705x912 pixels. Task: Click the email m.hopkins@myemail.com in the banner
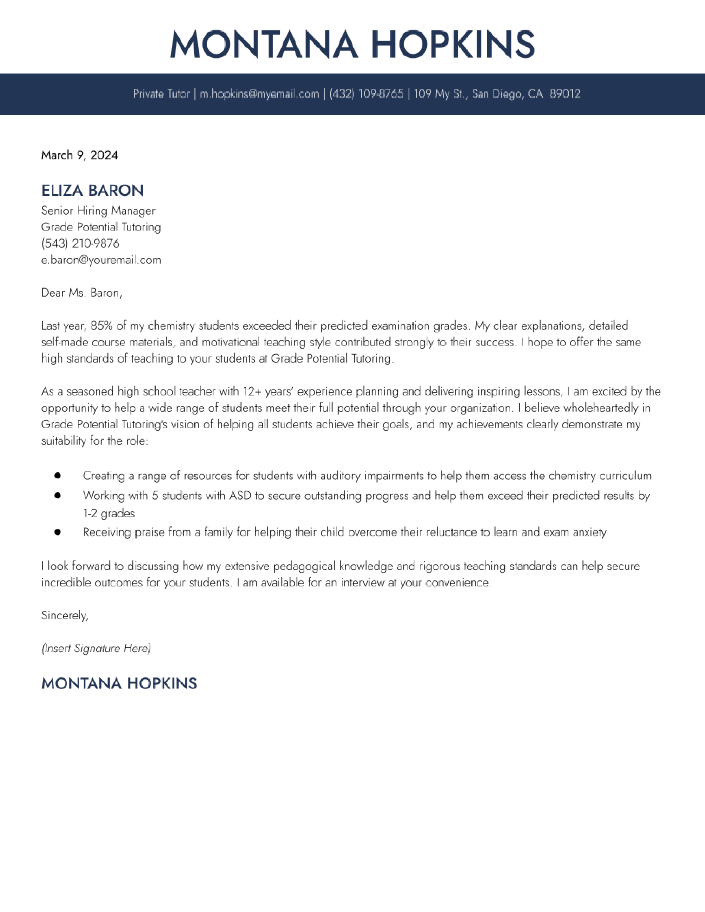tap(259, 94)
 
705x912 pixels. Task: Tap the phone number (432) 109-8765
tap(366, 94)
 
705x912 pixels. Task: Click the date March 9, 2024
tap(79, 155)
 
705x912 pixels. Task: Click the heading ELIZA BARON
tap(92, 191)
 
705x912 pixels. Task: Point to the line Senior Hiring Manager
tap(98, 211)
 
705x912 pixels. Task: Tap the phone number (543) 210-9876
tap(80, 243)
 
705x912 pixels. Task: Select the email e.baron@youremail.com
tap(101, 260)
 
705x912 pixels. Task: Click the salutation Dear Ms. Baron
tap(82, 293)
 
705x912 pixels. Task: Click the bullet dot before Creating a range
tap(58, 476)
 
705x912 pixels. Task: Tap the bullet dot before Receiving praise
tap(58, 532)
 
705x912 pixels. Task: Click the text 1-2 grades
tap(109, 513)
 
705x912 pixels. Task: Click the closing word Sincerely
tap(64, 615)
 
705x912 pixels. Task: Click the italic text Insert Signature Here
tap(96, 648)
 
